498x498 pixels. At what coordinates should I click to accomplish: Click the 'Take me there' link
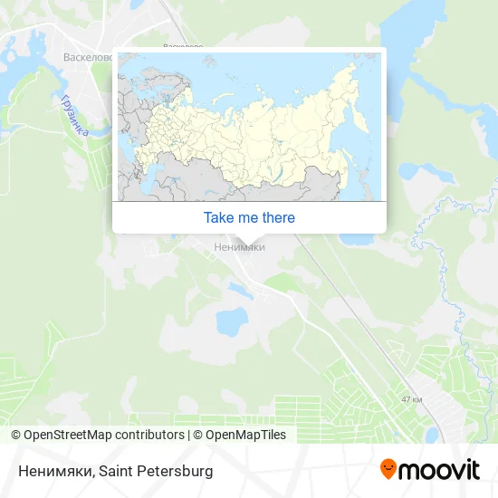tap(249, 217)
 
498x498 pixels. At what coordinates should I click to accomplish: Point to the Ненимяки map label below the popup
tap(239, 246)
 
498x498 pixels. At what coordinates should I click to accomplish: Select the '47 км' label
tap(411, 398)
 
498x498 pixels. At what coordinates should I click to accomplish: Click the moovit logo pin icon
tap(388, 470)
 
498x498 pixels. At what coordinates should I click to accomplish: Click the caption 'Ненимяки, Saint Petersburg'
tap(112, 472)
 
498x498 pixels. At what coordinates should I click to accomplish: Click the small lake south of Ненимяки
tap(231, 320)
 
